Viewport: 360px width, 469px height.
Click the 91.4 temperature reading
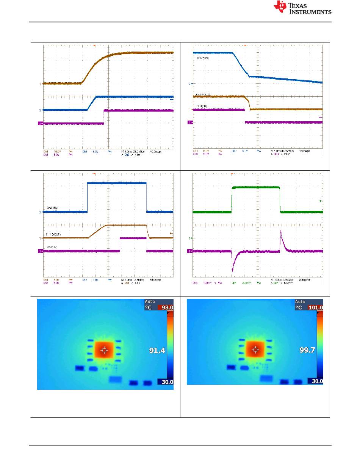pos(157,351)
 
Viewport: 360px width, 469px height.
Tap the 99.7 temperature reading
pos(307,350)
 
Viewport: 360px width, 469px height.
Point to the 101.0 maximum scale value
pos(316,307)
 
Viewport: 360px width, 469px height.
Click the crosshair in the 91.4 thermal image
pos(104,351)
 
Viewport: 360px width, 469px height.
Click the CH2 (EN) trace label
pos(52,208)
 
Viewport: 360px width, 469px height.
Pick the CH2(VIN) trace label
pos(203,59)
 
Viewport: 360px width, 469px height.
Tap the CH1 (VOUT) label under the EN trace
pos(54,235)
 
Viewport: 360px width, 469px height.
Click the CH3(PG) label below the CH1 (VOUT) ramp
pos(52,247)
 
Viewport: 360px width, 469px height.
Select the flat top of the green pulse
pos(256,187)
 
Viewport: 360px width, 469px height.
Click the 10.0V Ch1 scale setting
pos(57,151)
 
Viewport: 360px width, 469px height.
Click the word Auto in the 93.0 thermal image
pos(150,302)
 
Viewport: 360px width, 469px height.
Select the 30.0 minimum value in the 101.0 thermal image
pos(316,381)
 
